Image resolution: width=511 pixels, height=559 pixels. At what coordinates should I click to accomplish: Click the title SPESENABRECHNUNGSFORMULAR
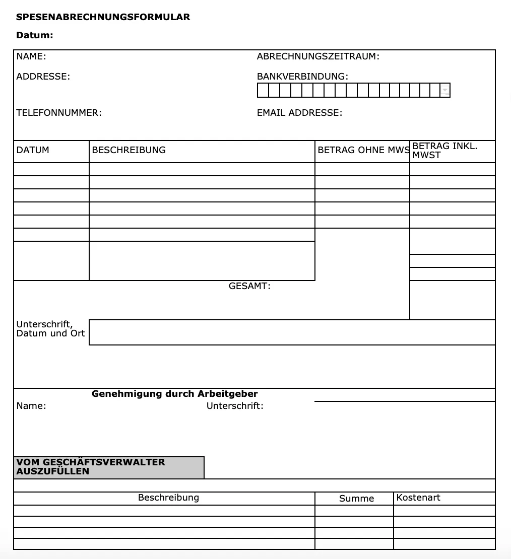coord(103,17)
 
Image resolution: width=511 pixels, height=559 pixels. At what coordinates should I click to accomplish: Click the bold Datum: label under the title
coord(34,35)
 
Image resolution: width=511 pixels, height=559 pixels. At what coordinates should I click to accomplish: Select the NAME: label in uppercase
coord(31,56)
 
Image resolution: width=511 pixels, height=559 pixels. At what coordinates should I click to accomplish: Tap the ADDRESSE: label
coord(43,77)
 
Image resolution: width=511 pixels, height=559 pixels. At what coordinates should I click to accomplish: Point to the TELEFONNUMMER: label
coord(59,113)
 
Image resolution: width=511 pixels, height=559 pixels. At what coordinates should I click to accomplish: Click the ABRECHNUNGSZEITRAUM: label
coord(318,56)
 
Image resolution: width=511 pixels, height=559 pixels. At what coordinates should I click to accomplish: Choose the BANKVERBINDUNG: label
coord(302,77)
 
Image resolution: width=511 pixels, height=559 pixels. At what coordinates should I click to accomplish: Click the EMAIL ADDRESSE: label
coord(299,113)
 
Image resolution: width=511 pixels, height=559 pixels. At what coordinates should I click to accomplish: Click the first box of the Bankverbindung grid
coord(263,90)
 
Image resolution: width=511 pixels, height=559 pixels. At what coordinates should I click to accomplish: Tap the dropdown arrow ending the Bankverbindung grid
coord(445,90)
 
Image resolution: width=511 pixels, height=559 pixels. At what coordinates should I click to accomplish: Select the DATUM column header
coord(33,150)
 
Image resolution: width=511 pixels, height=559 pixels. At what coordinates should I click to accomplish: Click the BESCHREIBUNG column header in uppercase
coord(129,150)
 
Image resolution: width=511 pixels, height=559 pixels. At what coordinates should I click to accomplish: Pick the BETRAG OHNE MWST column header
coord(363,150)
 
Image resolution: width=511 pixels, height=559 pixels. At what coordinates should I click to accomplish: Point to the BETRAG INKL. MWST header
coord(444,151)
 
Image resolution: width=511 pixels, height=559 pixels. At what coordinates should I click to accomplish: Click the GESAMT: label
coord(249,286)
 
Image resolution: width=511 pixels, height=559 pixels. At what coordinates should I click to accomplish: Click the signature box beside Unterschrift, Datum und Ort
coord(292,332)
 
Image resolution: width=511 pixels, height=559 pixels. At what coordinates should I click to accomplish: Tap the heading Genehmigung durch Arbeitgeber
coord(174,394)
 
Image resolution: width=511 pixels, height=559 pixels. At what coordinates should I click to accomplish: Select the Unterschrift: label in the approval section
coord(235,406)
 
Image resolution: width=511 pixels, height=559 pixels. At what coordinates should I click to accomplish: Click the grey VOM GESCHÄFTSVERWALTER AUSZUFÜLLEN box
coord(109,467)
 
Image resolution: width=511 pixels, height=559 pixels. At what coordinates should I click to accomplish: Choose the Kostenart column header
coord(418,498)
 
